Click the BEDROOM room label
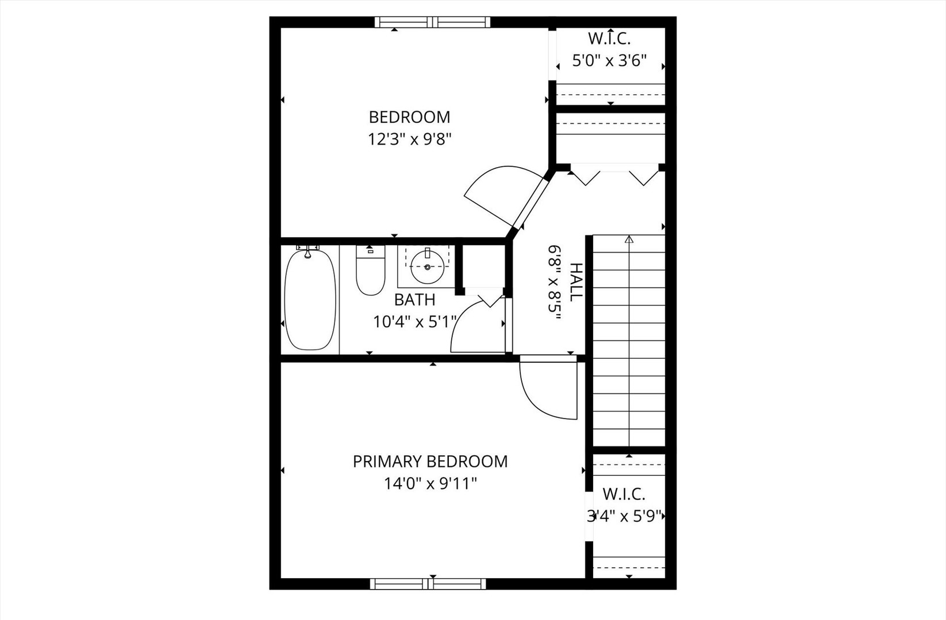pos(409,117)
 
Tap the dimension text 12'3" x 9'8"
pos(409,139)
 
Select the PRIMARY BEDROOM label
pos(430,462)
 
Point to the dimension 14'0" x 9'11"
pos(430,484)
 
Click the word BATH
pos(414,300)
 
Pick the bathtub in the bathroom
pos(310,299)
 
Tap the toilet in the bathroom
pos(370,271)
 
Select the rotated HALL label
pos(575,282)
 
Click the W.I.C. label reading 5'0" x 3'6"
pos(609,60)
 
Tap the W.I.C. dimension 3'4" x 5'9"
pos(625,516)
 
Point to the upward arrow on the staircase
pos(629,239)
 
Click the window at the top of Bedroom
pos(432,22)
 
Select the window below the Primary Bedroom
pos(428,584)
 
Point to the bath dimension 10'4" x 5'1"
pos(414,322)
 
